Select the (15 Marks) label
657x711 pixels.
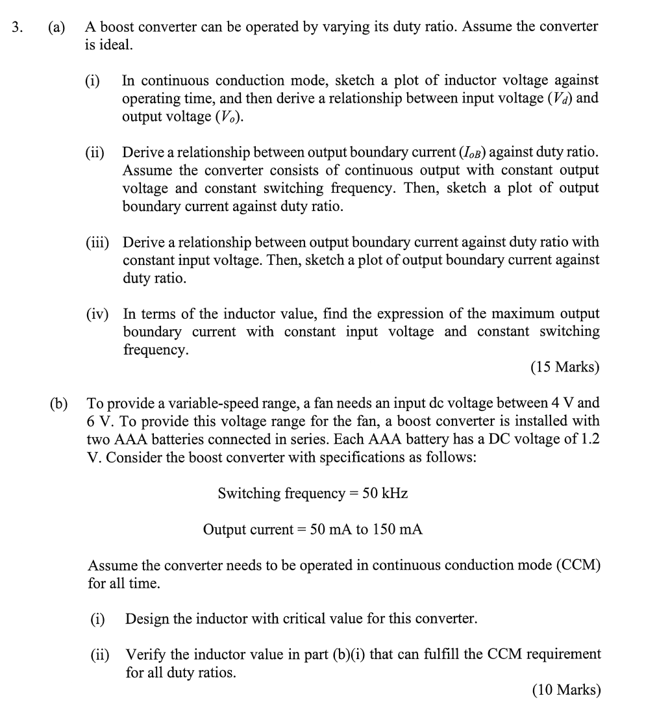pos(565,368)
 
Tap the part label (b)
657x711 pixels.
pos(59,403)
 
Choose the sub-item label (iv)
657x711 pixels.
pos(98,314)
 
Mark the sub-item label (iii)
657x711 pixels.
pos(98,242)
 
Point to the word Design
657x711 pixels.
pos(146,618)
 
